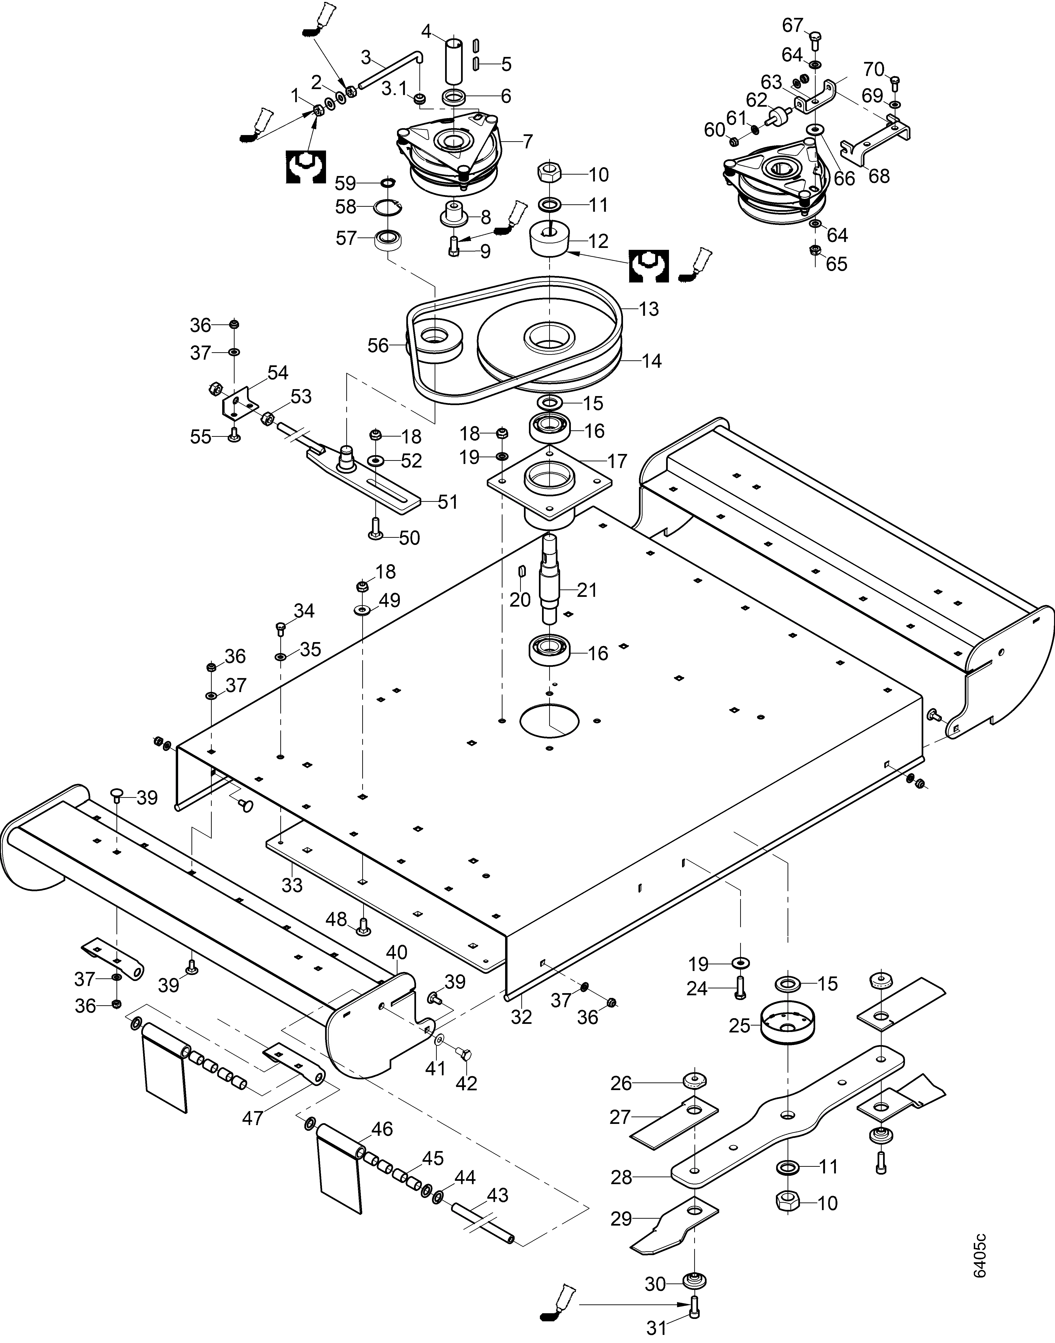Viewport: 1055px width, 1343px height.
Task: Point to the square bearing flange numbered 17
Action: [x=548, y=481]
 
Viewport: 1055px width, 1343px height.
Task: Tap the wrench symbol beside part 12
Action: [x=648, y=266]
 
